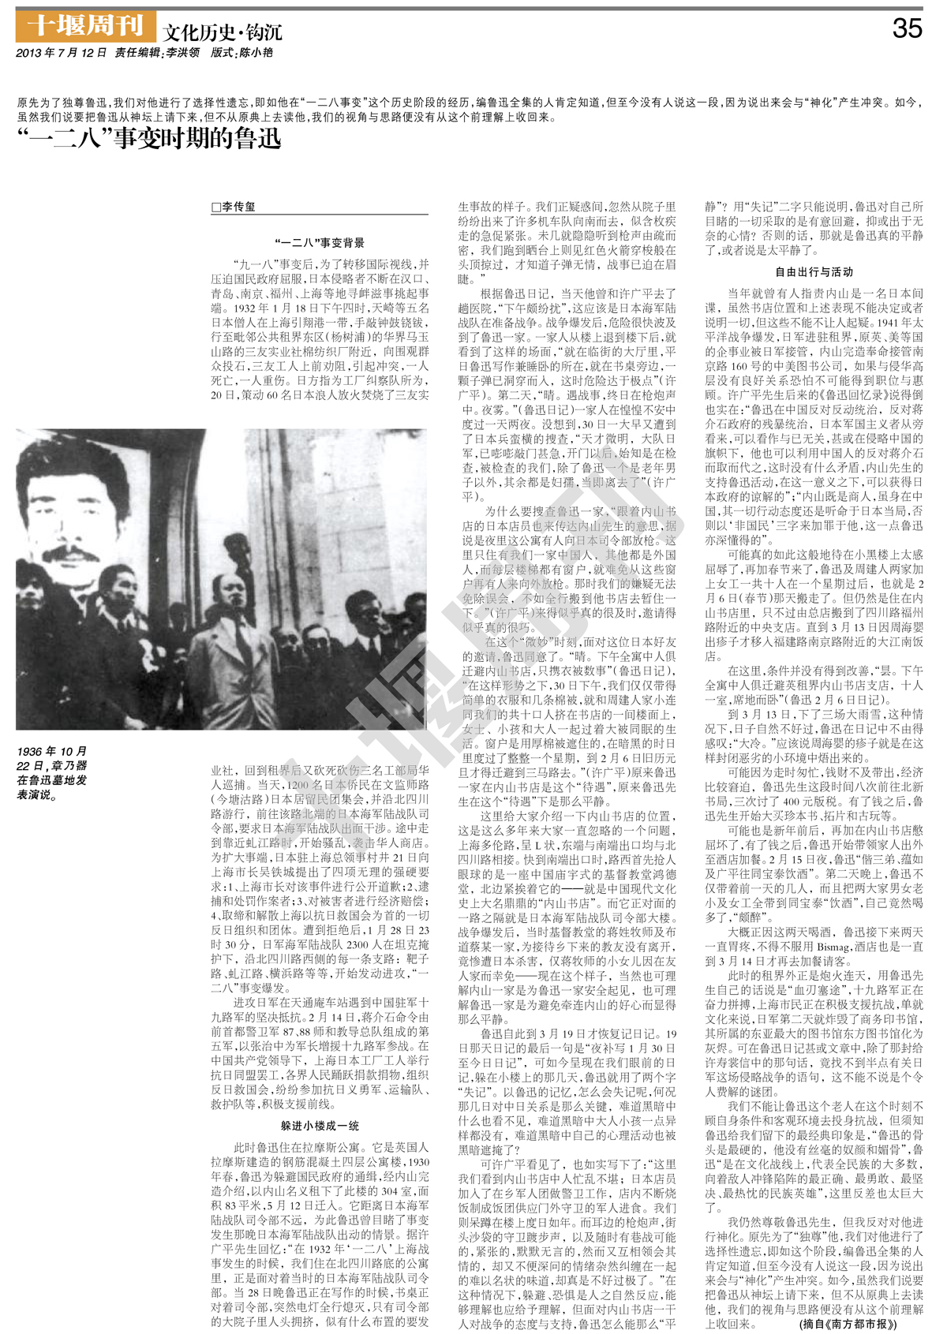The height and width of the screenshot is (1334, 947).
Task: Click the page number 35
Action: [907, 29]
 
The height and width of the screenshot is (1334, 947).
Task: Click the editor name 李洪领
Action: [182, 53]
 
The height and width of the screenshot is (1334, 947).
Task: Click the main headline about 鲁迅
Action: [149, 139]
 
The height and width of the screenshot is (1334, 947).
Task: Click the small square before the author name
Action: [216, 207]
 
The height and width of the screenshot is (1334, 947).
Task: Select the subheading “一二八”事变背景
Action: [320, 243]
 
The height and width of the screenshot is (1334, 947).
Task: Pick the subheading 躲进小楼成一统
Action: [320, 1125]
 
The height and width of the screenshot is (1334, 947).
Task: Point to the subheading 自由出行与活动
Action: [814, 272]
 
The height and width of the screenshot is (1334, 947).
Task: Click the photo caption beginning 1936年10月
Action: [52, 772]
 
